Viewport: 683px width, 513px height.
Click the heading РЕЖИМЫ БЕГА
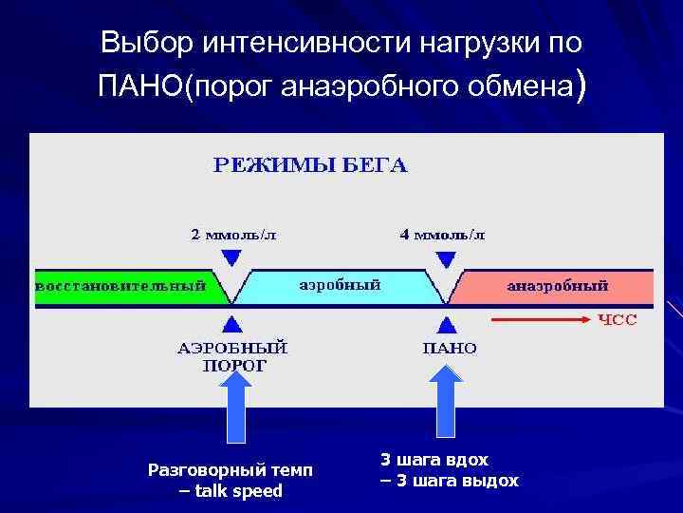click(x=309, y=166)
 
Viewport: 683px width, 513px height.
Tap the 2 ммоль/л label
click(x=232, y=234)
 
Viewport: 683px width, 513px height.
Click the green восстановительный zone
click(x=120, y=286)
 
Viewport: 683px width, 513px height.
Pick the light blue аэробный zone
click(x=340, y=285)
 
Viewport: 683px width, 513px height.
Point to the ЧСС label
click(x=617, y=320)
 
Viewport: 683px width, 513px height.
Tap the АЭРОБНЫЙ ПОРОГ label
click(x=233, y=355)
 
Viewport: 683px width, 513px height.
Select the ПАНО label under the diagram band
click(x=450, y=348)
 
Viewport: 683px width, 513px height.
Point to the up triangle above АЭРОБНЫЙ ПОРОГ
click(x=231, y=321)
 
